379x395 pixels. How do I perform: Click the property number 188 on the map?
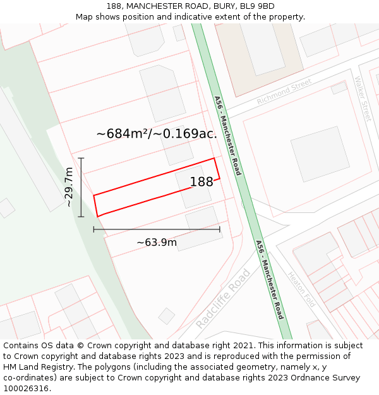click(202, 182)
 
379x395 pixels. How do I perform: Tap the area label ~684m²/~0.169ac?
click(156, 134)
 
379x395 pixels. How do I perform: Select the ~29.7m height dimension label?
click(69, 187)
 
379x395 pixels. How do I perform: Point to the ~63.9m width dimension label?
click(157, 242)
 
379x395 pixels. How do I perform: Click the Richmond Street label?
click(284, 92)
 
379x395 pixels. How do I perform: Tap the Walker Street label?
click(363, 99)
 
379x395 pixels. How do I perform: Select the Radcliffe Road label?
click(222, 298)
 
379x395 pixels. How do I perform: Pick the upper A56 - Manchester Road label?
click(227, 136)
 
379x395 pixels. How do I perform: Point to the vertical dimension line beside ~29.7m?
click(81, 187)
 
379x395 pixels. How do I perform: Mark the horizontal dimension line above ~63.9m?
click(157, 229)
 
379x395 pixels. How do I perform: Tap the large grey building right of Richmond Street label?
click(320, 154)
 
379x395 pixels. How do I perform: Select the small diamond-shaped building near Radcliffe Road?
click(167, 316)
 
